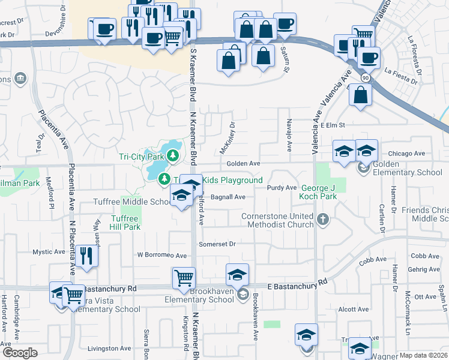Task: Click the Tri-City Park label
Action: [x=141, y=157]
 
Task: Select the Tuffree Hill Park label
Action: [x=125, y=223]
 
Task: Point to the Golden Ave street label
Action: [x=243, y=164]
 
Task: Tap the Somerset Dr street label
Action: [x=217, y=244]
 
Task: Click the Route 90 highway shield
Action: [x=365, y=78]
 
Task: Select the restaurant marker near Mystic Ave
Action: [x=86, y=256]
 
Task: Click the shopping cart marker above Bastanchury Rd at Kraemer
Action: [x=184, y=278]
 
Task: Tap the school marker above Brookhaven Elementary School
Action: [x=238, y=275]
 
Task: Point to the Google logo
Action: [x=19, y=353]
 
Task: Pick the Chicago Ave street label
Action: [x=406, y=154]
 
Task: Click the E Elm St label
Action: [x=334, y=125]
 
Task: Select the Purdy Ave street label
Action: [x=282, y=188]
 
